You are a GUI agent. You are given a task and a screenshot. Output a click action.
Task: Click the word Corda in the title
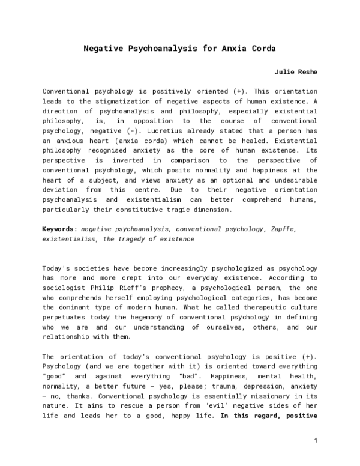[262, 48]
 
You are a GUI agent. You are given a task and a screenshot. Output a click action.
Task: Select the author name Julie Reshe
[296, 72]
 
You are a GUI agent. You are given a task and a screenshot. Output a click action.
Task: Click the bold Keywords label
[59, 229]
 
